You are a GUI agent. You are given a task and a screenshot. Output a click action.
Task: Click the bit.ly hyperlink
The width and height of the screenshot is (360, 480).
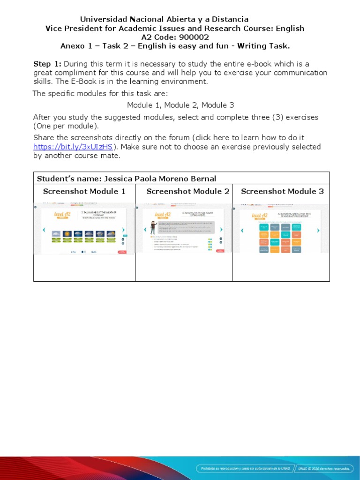click(73, 147)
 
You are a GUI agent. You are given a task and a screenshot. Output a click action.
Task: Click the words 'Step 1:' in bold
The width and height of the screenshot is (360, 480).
click(47, 64)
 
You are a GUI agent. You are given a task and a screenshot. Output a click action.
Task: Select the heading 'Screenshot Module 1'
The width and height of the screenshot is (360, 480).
click(84, 191)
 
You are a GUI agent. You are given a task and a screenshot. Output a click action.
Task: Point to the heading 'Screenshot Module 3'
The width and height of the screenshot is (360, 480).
click(282, 191)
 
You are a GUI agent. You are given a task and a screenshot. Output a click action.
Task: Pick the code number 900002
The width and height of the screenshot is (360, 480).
click(194, 37)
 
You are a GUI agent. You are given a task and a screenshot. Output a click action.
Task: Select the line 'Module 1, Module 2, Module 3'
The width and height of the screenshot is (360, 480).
click(180, 105)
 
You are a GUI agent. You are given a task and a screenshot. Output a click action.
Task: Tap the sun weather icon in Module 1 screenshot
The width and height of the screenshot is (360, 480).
click(67, 233)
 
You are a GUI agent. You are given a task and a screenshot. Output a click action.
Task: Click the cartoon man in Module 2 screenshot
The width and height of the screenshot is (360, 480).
click(153, 227)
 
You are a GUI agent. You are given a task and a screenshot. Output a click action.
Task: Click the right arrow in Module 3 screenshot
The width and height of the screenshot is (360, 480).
click(318, 231)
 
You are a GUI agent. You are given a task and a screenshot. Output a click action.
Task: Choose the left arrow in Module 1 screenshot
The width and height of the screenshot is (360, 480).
click(44, 230)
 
